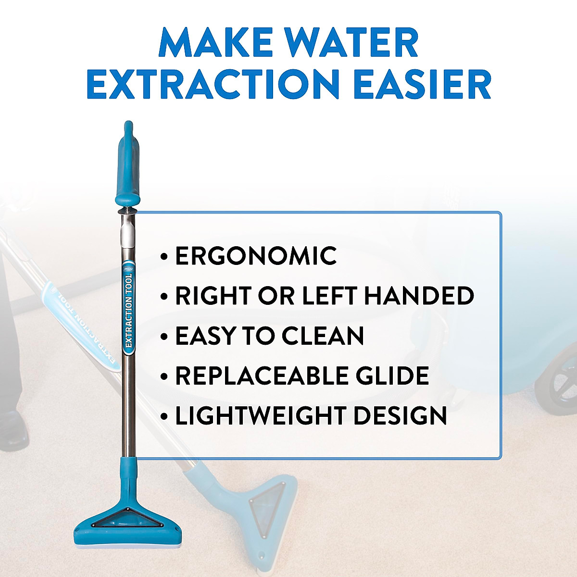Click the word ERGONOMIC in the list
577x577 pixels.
coord(256,255)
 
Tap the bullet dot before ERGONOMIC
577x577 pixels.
coord(165,257)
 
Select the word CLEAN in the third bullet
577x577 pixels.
coord(323,336)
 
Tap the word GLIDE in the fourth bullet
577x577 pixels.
coord(396,376)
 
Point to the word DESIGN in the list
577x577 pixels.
coord(400,415)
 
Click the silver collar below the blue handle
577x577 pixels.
coord(128,231)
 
